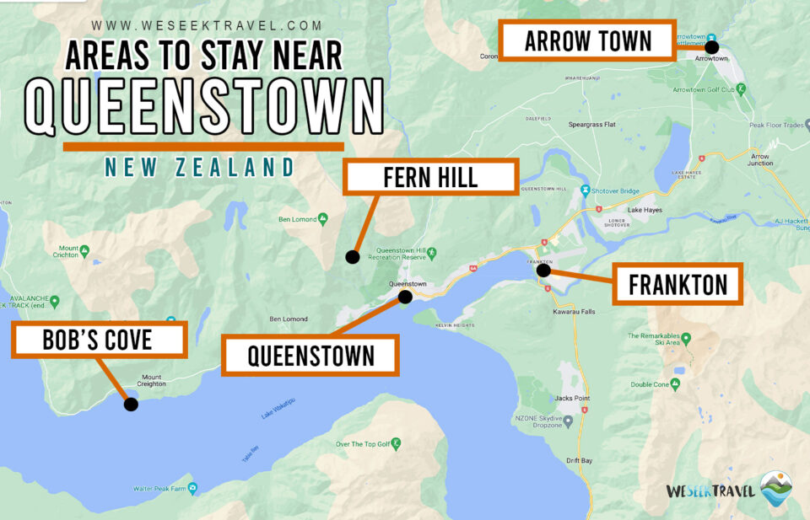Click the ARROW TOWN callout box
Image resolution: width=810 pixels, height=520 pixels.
587,40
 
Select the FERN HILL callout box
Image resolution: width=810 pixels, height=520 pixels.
429,178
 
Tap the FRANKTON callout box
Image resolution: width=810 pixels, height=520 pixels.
678,284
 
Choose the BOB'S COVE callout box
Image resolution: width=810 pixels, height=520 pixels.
98,340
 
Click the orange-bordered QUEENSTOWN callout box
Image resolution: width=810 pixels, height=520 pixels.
310,355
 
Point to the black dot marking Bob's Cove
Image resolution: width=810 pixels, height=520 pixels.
131,404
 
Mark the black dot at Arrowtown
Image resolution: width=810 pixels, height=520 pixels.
711,47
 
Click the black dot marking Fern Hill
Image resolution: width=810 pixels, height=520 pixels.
353,257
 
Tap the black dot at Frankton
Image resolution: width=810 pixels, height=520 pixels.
544,271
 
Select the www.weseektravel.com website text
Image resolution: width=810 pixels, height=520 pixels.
207,26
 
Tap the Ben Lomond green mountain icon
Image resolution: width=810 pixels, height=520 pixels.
323,220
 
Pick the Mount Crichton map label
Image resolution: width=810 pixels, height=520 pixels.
68,253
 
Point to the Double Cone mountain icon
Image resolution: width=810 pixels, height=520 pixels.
683,384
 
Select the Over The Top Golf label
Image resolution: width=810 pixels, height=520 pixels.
363,444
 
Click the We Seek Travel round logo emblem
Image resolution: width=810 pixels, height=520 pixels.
775,489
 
